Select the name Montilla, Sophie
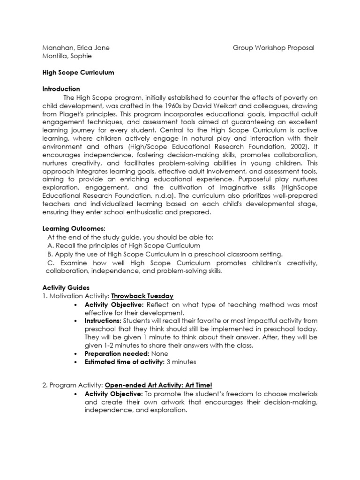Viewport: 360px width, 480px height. coord(67,56)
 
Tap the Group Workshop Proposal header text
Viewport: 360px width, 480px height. coord(273,48)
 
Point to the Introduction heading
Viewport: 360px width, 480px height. coord(61,89)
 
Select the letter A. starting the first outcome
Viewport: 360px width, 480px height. coord(51,246)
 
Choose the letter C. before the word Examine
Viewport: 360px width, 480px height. coord(52,262)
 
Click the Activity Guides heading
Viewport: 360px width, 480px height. coord(66,287)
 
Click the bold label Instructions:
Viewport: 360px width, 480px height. coord(103,321)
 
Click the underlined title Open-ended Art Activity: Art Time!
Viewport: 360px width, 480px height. coord(158,385)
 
